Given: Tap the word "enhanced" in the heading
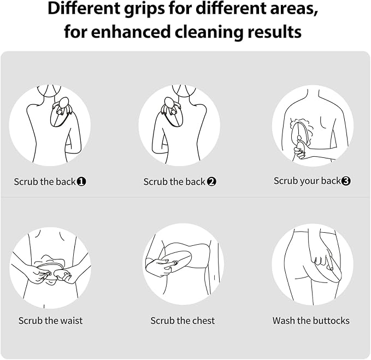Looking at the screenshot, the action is pyautogui.click(x=131, y=32).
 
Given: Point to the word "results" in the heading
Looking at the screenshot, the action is pyautogui.click(x=274, y=32).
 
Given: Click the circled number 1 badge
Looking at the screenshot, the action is pyautogui.click(x=81, y=181).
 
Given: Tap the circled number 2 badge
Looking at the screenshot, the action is pyautogui.click(x=211, y=182).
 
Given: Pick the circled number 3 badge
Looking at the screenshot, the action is pyautogui.click(x=346, y=181).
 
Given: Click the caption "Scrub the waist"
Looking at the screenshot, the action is pyautogui.click(x=51, y=321).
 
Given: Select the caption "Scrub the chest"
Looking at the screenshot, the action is pyautogui.click(x=182, y=321).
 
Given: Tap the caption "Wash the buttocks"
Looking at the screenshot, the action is pyautogui.click(x=311, y=321).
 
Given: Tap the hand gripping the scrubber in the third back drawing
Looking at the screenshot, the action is pyautogui.click(x=300, y=150).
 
